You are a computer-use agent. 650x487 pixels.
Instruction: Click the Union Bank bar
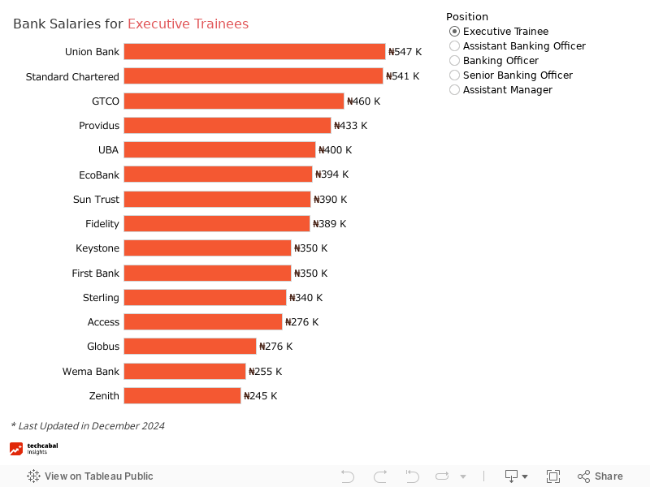coord(254,52)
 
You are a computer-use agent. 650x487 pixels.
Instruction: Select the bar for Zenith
coord(182,396)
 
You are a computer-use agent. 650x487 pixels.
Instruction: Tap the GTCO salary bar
coord(234,101)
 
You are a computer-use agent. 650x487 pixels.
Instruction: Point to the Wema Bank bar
coord(184,372)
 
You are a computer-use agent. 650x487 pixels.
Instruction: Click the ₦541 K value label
coord(402,76)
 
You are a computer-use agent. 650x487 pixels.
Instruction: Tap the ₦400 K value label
coord(335,150)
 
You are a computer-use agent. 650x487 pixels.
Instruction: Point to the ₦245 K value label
coord(260,396)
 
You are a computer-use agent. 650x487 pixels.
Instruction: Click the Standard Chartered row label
coord(72,76)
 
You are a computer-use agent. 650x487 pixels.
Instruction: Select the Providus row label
coord(99,126)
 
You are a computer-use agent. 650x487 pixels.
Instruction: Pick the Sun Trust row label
coord(96,200)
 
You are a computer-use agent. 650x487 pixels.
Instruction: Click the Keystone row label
coord(97,248)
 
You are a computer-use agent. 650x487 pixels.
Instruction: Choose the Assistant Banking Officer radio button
coord(454,46)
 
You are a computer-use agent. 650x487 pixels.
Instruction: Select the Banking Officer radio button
coord(454,61)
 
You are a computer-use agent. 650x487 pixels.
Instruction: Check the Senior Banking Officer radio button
coord(454,75)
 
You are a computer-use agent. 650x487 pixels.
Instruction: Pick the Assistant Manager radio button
coord(454,90)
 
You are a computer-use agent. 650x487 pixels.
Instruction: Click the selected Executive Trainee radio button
coord(454,32)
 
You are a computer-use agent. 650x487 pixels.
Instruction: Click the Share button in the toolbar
coord(600,476)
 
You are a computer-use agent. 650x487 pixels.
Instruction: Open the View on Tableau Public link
coord(90,476)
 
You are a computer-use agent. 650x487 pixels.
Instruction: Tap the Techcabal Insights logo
coord(33,449)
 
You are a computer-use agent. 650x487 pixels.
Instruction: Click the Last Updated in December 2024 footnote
coord(88,426)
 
